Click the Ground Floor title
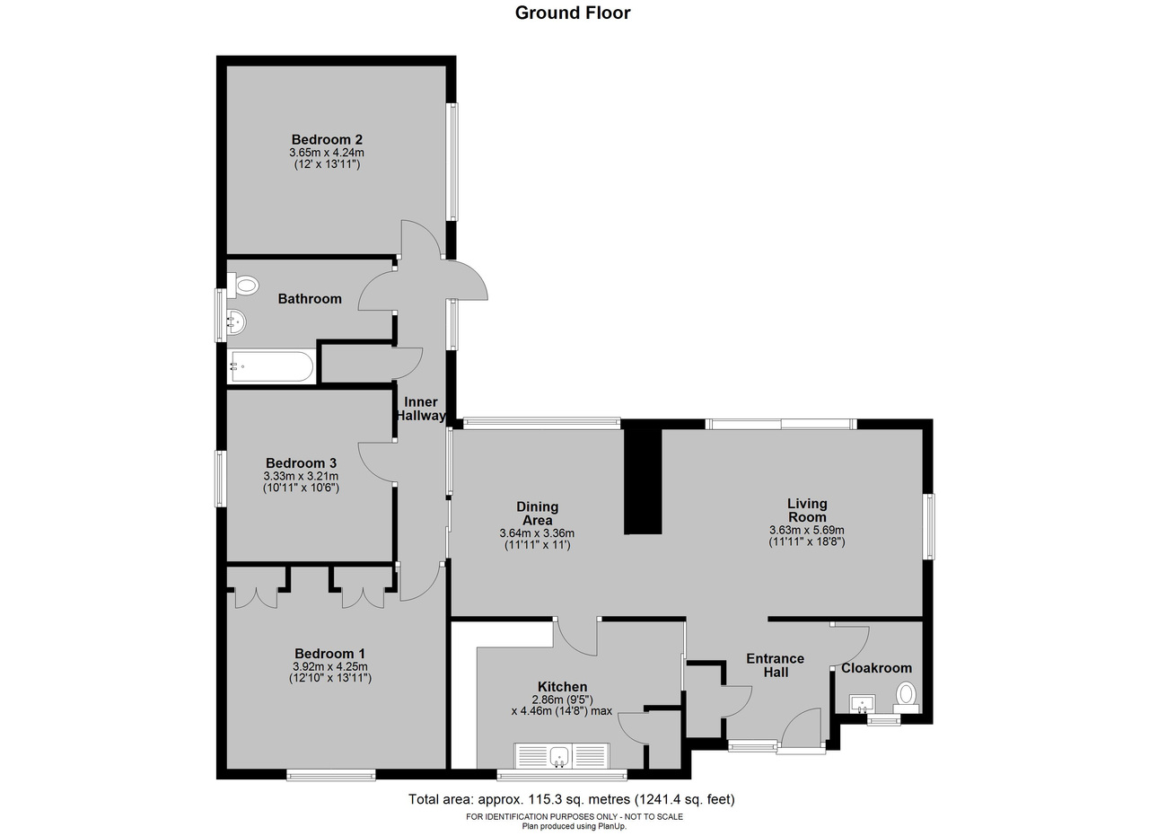[573, 13]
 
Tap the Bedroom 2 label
[327, 139]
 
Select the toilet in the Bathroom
[242, 286]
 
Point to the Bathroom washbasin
[236, 322]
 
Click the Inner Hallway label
[421, 409]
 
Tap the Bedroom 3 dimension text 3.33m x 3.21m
[301, 476]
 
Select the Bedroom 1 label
[329, 654]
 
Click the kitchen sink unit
[562, 756]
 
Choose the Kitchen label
[562, 687]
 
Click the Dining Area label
[537, 514]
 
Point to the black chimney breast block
[643, 481]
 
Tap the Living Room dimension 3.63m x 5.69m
[807, 530]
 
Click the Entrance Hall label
[775, 665]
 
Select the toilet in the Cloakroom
[906, 698]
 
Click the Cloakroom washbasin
[863, 704]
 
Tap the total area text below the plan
[572, 799]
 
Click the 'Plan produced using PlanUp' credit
[574, 826]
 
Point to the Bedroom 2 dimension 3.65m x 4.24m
[327, 153]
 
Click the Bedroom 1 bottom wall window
[331, 775]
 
